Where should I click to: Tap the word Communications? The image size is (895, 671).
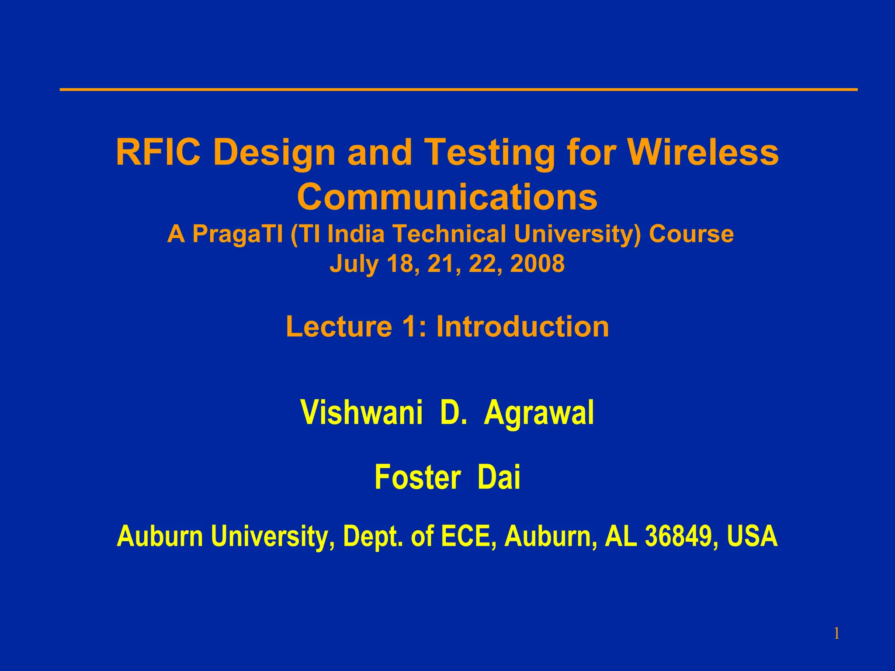click(447, 197)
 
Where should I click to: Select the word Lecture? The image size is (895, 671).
click(339, 326)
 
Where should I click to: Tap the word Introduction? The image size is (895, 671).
click(522, 326)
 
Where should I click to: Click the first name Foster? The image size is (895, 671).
click(417, 477)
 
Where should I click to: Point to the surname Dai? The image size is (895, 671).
click(499, 477)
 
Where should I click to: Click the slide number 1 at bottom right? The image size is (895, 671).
click(836, 633)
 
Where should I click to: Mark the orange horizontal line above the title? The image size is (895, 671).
click(458, 90)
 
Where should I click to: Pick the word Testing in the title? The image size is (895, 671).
click(489, 153)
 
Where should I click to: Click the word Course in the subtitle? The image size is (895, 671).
click(691, 234)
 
